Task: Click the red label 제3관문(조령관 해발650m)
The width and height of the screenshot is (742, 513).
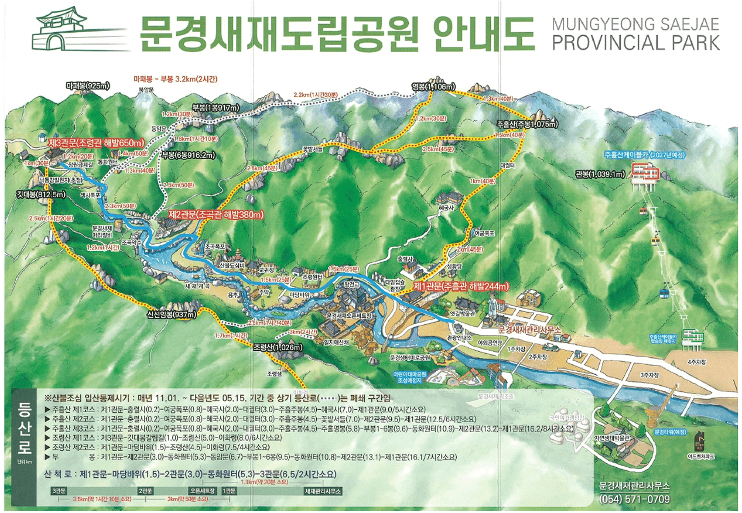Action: [x=96, y=142]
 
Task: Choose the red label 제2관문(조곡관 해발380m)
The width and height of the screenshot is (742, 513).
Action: [x=216, y=214]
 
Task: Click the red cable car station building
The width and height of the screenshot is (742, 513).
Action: [x=645, y=172]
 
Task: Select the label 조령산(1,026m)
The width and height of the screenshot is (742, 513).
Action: [x=279, y=348]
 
